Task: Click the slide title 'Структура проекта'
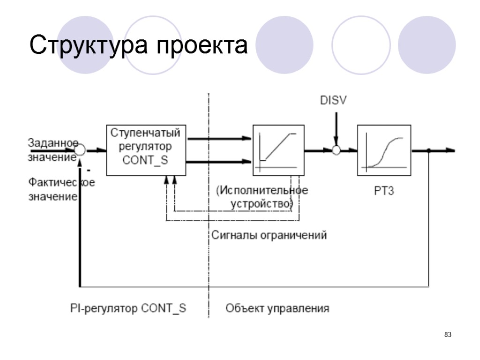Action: [138, 46]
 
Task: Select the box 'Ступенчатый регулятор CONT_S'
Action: [145, 150]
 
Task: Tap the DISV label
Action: [333, 100]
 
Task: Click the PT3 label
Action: [383, 192]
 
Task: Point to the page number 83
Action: [448, 335]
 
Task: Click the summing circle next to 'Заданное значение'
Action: [80, 150]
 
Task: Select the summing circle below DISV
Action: [336, 150]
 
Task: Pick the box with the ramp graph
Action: [279, 150]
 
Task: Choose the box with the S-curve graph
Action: [384, 150]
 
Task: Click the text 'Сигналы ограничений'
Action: [269, 235]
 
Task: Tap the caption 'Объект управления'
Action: [277, 308]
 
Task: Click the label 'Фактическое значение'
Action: [61, 189]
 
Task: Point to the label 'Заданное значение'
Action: [52, 150]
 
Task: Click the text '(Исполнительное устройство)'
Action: [262, 197]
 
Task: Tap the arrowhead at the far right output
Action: [450, 150]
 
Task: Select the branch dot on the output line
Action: [429, 150]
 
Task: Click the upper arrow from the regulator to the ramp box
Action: [220, 138]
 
